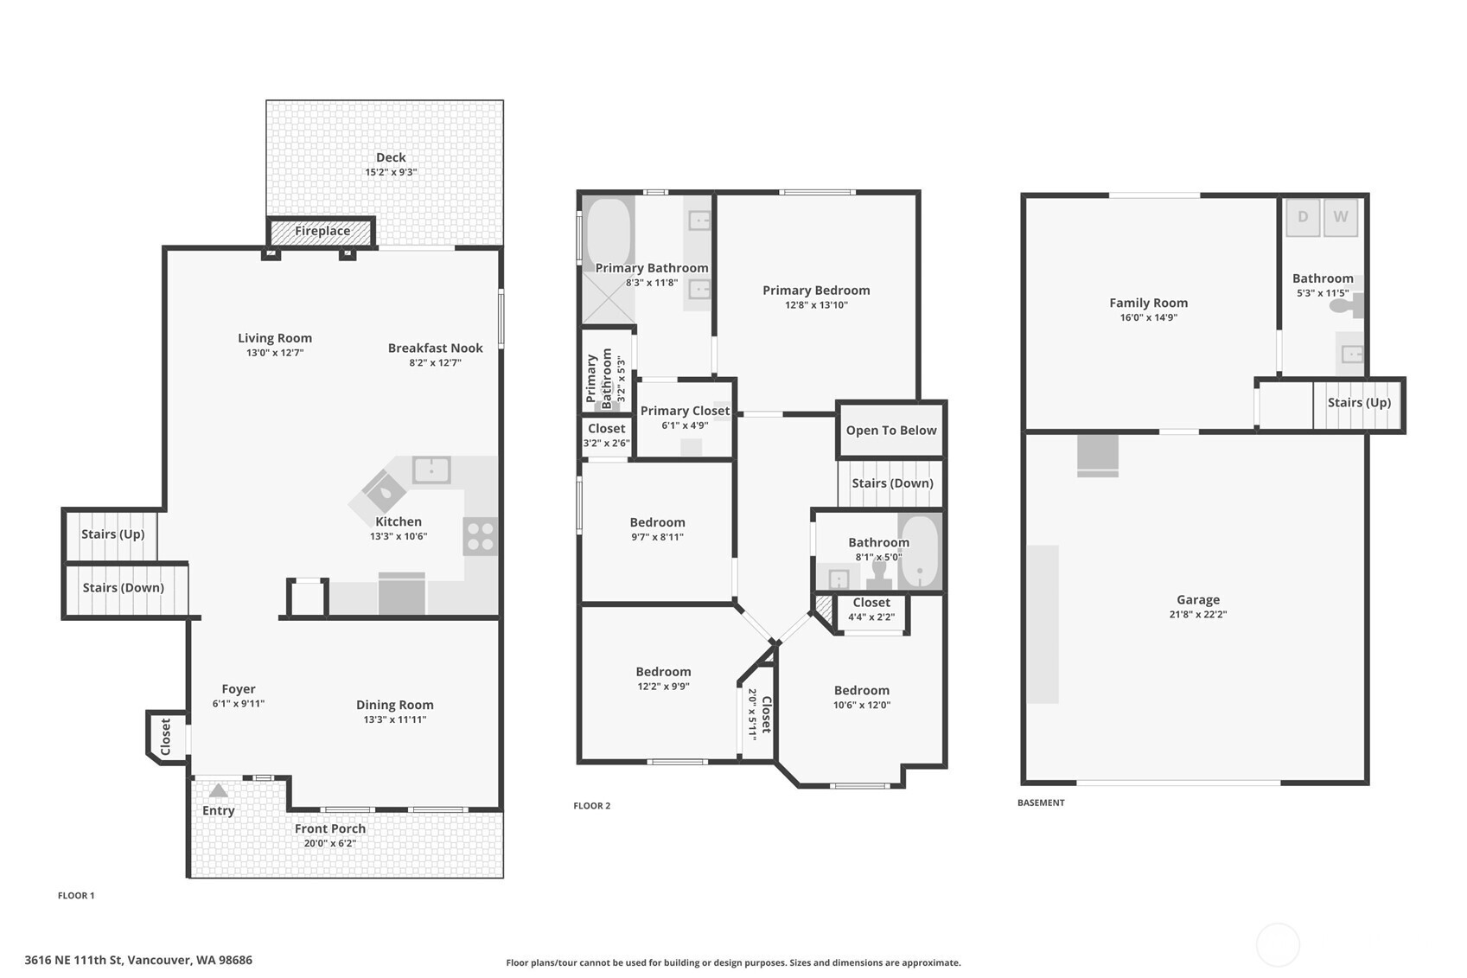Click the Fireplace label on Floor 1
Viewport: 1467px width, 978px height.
click(x=322, y=231)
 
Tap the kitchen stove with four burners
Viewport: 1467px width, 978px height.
click(x=480, y=536)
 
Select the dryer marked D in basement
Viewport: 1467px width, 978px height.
click(x=1303, y=217)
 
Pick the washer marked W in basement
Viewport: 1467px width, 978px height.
click(x=1341, y=217)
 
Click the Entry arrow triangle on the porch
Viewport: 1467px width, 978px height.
click(x=218, y=790)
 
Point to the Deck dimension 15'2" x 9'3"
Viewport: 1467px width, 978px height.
click(x=391, y=172)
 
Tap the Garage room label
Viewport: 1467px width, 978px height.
click(x=1198, y=599)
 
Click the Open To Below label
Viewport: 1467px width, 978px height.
click(x=891, y=431)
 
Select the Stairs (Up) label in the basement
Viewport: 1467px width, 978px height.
click(x=1359, y=403)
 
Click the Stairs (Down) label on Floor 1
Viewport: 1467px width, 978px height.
click(x=123, y=588)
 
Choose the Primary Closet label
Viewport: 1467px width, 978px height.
click(x=685, y=411)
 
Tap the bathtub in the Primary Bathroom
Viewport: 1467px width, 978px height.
click(x=609, y=233)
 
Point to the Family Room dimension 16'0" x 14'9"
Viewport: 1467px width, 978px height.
click(x=1149, y=317)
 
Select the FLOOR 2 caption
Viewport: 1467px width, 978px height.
click(x=592, y=806)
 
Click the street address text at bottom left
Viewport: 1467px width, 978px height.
click(x=138, y=961)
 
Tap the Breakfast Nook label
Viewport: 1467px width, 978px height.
click(x=436, y=348)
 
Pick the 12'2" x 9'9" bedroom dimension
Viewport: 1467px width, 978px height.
click(x=663, y=687)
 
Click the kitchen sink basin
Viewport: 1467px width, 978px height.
click(x=431, y=470)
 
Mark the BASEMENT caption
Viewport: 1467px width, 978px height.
click(x=1042, y=802)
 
